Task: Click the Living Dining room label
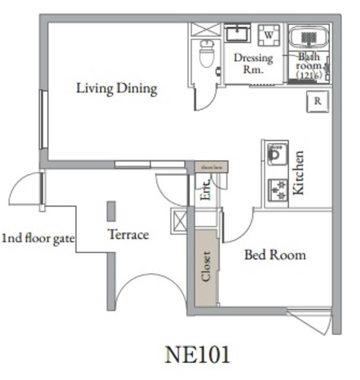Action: pyautogui.click(x=116, y=89)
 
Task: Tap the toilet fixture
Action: pyautogui.click(x=207, y=54)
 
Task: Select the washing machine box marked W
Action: pyautogui.click(x=269, y=35)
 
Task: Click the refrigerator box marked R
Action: pyautogui.click(x=318, y=102)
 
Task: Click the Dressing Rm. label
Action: pyautogui.click(x=253, y=63)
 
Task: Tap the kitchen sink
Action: pyautogui.click(x=276, y=156)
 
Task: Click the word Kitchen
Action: pyautogui.click(x=299, y=173)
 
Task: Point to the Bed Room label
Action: pyautogui.click(x=275, y=255)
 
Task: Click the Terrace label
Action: pyautogui.click(x=128, y=235)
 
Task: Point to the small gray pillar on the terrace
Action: pyautogui.click(x=111, y=211)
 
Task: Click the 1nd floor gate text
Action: pyautogui.click(x=38, y=239)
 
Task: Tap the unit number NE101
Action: pyautogui.click(x=197, y=354)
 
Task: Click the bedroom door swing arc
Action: pyautogui.click(x=238, y=232)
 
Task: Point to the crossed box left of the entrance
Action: pyautogui.click(x=179, y=219)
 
